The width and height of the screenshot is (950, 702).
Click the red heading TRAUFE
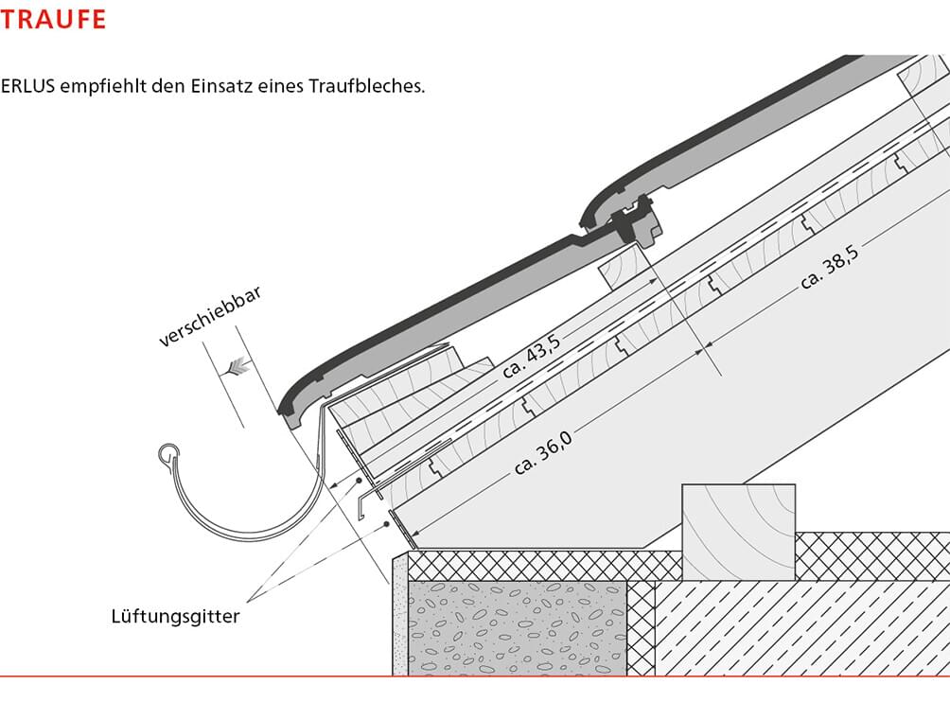click(x=53, y=19)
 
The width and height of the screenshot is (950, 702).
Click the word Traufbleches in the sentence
click(x=366, y=85)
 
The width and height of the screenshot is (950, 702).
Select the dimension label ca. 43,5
click(x=532, y=356)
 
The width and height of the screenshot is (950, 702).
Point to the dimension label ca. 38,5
click(x=830, y=267)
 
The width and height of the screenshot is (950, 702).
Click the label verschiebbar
click(x=210, y=316)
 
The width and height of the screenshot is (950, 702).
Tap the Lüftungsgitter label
click(x=175, y=616)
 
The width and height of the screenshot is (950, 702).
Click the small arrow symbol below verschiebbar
click(x=237, y=367)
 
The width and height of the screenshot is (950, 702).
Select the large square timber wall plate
click(x=739, y=532)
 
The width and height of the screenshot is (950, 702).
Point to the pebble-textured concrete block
click(x=517, y=628)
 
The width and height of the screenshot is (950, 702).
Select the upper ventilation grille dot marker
click(x=359, y=481)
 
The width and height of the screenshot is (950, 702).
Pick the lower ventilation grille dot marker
click(x=387, y=524)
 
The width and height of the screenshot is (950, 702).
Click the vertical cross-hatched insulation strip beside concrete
click(x=641, y=628)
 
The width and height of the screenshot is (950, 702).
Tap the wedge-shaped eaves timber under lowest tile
click(x=412, y=392)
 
